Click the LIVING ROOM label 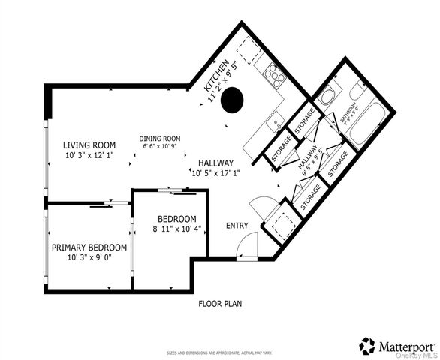(x=89, y=145)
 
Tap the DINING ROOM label (x=162, y=138)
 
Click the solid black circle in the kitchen (x=234, y=97)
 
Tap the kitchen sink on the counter (x=277, y=119)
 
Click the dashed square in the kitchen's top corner (x=249, y=50)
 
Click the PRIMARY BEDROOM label (x=89, y=247)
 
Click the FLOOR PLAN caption (x=219, y=304)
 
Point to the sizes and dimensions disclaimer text (x=219, y=352)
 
